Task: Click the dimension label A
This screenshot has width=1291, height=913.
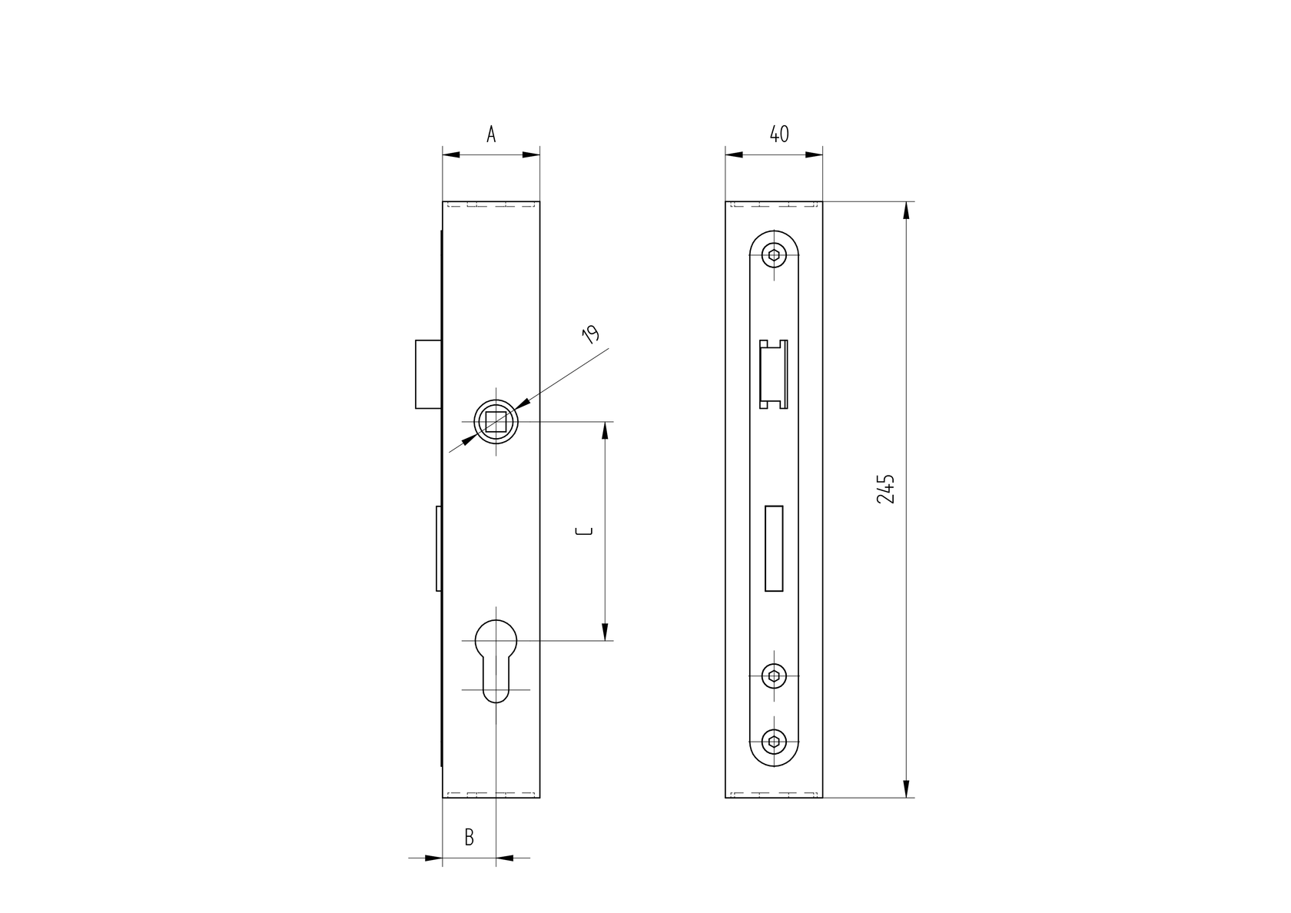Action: [x=491, y=134]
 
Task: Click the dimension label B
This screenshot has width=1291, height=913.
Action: [x=469, y=837]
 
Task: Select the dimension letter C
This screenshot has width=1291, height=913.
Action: [x=586, y=531]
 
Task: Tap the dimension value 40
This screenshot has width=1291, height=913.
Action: [x=778, y=134]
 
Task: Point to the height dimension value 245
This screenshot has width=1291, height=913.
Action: [x=886, y=489]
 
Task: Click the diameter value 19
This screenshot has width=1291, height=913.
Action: [x=590, y=334]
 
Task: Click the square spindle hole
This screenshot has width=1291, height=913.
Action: [x=496, y=422]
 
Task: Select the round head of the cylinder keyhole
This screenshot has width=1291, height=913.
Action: [x=496, y=640]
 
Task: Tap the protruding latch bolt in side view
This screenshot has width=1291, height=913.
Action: [x=428, y=373]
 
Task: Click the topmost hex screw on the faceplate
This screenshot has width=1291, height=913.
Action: [x=775, y=256]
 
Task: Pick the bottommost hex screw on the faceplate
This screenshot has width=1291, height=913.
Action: [x=775, y=742]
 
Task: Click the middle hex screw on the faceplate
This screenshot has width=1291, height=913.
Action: [x=775, y=676]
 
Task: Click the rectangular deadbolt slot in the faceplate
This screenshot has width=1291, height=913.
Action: [x=774, y=548]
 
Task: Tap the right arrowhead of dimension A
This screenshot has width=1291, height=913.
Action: [x=532, y=154]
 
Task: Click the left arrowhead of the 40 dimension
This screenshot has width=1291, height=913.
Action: [x=735, y=154]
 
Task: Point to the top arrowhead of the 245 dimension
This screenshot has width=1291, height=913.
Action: [x=907, y=211]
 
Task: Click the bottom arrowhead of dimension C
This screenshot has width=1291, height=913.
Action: [x=605, y=632]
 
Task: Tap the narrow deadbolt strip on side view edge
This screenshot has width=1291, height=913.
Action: [x=438, y=548]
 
